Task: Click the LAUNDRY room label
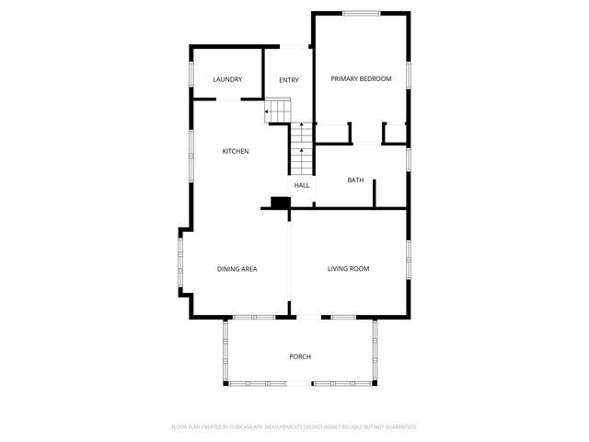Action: click(227, 79)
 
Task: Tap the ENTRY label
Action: click(289, 80)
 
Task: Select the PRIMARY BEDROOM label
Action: click(362, 79)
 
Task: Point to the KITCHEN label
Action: click(236, 151)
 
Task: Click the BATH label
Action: click(355, 180)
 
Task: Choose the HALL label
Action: click(302, 185)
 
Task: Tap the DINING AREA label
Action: click(237, 269)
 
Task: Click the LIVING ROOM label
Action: click(349, 269)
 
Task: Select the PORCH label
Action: click(300, 356)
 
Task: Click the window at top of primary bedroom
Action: click(362, 13)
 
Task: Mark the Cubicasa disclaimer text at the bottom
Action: click(294, 427)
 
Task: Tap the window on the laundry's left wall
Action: click(191, 74)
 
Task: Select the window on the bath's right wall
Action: click(407, 158)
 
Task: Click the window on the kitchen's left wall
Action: click(191, 152)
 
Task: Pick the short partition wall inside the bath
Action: click(375, 192)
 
